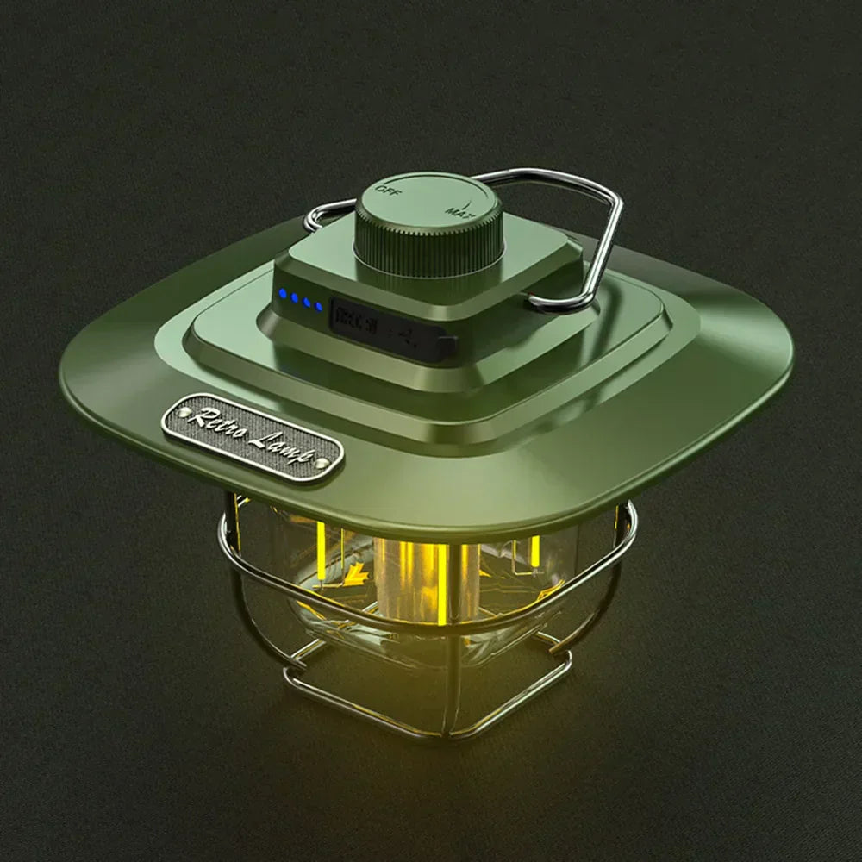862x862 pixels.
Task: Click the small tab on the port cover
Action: pos(446,347)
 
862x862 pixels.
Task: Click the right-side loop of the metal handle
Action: pos(595,250)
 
